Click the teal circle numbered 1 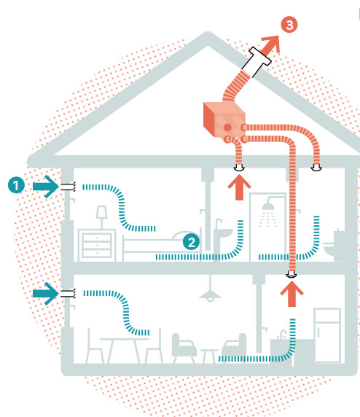click(x=16, y=185)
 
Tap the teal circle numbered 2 click(x=191, y=242)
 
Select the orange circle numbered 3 click(x=289, y=25)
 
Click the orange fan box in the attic click(x=224, y=120)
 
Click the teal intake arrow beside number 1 click(x=45, y=187)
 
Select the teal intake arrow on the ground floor click(x=45, y=294)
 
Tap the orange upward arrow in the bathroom click(x=239, y=187)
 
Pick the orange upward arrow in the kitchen click(x=291, y=294)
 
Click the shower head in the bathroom click(x=268, y=206)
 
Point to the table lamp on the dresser click(x=101, y=217)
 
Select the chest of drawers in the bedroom click(x=97, y=245)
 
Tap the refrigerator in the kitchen click(x=327, y=335)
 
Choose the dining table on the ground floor click(x=124, y=350)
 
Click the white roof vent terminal click(x=257, y=62)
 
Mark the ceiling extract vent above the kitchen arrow click(x=291, y=274)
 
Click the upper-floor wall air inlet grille click(x=68, y=187)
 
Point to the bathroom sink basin click(x=223, y=233)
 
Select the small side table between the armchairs click(x=209, y=356)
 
